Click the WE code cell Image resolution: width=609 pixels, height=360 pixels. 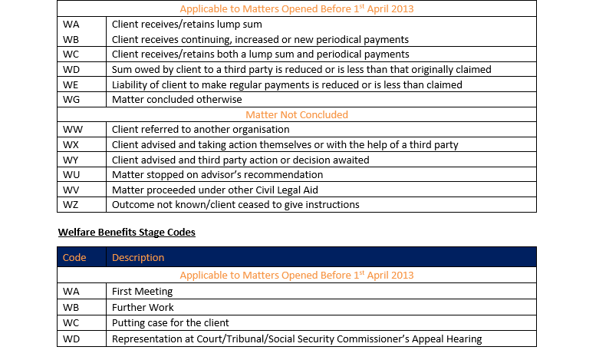[x=71, y=84]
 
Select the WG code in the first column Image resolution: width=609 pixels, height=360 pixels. [x=71, y=100]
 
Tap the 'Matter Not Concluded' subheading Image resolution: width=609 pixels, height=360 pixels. [x=296, y=114]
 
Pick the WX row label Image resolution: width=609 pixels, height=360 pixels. [x=71, y=144]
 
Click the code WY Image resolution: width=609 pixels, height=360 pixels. [x=71, y=160]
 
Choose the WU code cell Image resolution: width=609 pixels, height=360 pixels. [x=71, y=174]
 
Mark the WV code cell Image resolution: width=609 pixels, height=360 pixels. [x=71, y=190]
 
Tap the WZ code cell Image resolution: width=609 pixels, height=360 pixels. [x=71, y=204]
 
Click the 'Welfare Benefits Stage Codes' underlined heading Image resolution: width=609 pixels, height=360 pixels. [x=127, y=232]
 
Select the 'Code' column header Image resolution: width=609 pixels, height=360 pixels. [x=74, y=257]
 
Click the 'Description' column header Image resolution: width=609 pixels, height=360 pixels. [x=138, y=257]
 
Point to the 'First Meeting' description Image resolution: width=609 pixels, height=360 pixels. [x=142, y=292]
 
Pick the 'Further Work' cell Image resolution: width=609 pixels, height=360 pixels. [x=143, y=307]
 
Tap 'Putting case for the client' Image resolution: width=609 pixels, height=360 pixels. [x=170, y=322]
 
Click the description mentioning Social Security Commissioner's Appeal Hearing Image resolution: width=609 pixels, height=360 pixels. [x=297, y=339]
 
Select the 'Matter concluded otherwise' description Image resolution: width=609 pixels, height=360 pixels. [x=176, y=100]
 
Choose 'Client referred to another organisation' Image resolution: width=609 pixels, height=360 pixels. [x=200, y=130]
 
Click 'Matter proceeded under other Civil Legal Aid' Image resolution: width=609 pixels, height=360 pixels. [x=214, y=190]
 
